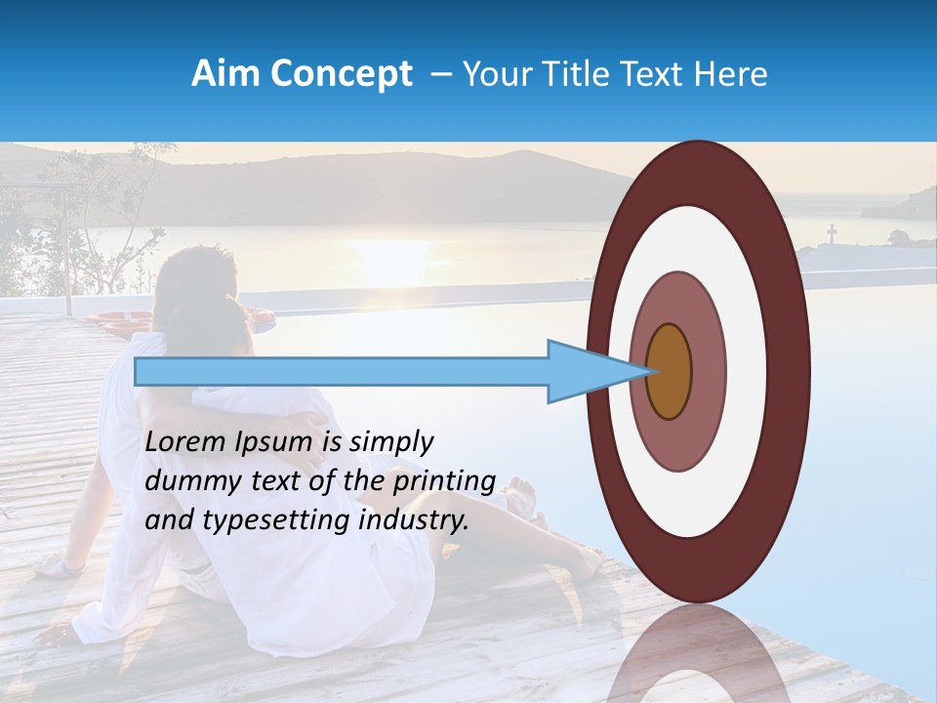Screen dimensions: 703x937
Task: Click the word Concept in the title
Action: click(340, 74)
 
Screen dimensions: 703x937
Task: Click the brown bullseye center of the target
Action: click(669, 372)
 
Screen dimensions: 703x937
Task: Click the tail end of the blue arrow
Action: click(138, 372)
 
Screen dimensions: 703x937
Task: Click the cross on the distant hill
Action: click(832, 233)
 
